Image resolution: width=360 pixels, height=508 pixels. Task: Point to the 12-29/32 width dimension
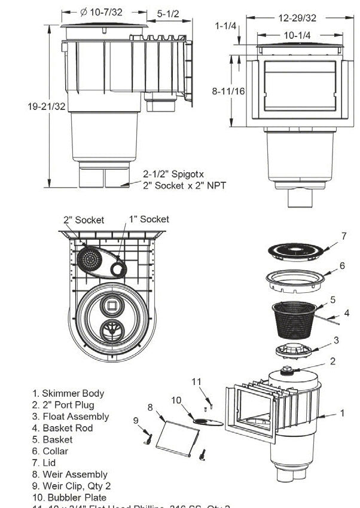click(297, 18)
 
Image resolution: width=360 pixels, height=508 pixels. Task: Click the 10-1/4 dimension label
click(298, 35)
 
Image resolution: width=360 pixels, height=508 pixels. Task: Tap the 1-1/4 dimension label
click(226, 25)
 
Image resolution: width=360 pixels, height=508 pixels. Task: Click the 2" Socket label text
click(84, 219)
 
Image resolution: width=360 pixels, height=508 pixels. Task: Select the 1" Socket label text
click(149, 219)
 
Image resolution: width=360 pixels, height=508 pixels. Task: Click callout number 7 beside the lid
click(343, 236)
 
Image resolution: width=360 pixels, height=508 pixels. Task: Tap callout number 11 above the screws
click(197, 381)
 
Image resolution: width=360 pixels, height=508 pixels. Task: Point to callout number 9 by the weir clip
click(136, 420)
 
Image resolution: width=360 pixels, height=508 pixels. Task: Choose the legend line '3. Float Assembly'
click(71, 417)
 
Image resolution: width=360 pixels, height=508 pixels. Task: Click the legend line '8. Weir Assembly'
click(70, 475)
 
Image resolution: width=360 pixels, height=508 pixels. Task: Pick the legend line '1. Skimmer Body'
click(68, 393)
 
